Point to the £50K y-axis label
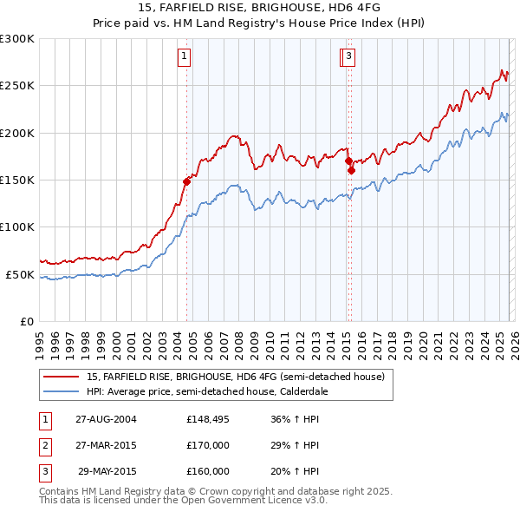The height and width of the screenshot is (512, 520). (19, 274)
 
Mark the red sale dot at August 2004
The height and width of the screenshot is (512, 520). (186, 181)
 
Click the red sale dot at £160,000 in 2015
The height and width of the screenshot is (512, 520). (351, 170)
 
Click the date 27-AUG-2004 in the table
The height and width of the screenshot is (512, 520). (106, 419)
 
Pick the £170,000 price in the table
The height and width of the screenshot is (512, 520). (208, 445)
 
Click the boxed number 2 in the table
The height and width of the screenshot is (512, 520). (43, 445)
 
